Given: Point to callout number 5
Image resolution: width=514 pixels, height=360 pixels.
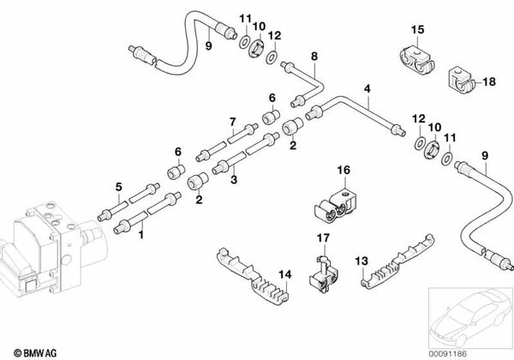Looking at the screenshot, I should click(119, 185).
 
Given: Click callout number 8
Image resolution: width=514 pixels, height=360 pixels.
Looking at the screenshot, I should click(314, 57).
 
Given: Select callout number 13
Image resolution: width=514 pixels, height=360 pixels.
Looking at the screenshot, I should click(362, 259).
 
